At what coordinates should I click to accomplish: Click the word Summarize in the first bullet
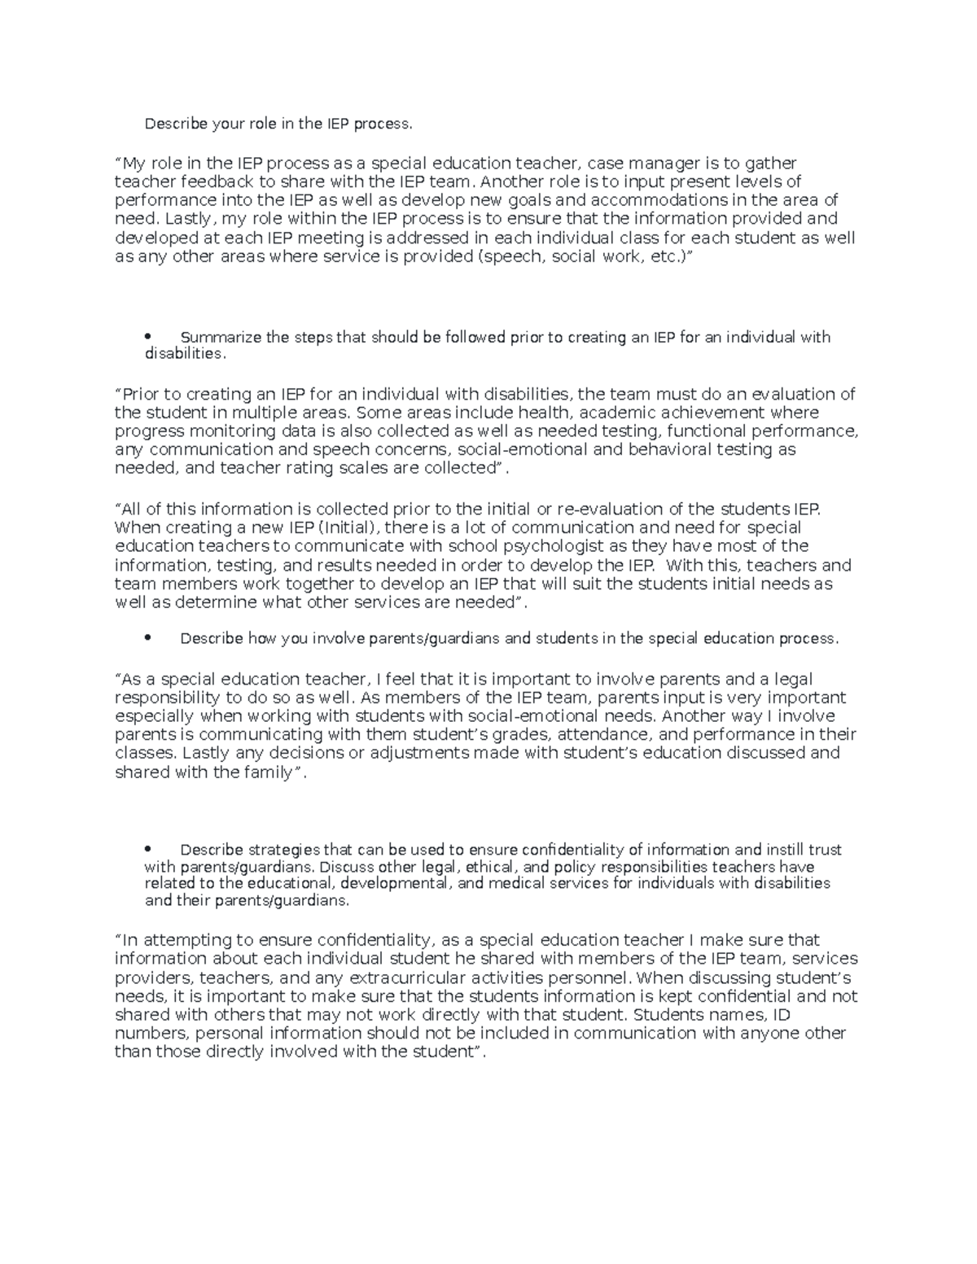(215, 337)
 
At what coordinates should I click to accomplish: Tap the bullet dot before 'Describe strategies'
(147, 850)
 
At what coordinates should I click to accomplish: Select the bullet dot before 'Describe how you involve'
(147, 639)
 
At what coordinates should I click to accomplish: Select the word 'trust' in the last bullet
(824, 850)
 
